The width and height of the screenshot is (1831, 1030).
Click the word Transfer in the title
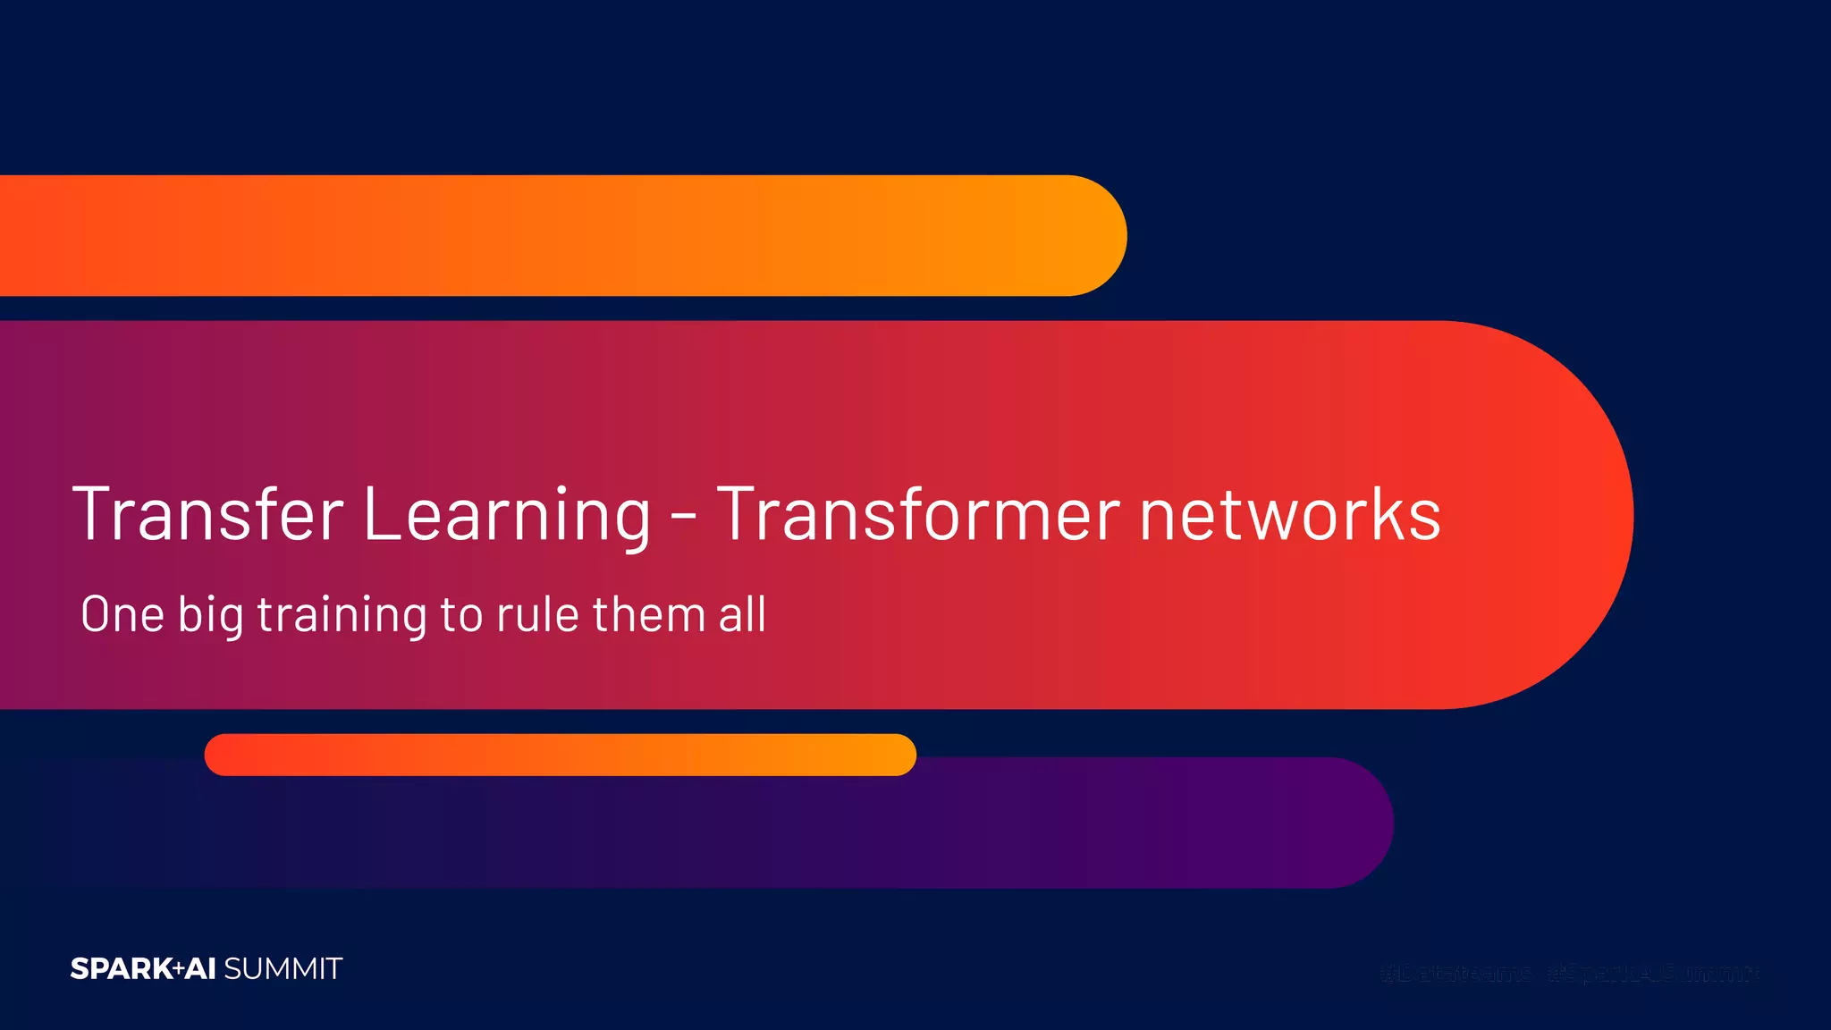point(207,514)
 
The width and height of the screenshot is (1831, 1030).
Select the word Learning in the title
point(507,516)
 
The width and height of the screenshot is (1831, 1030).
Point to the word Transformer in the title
point(918,514)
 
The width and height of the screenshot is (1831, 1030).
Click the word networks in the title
point(1290,514)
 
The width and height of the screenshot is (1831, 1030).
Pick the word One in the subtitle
point(122,614)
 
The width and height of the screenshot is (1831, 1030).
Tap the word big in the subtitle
point(210,616)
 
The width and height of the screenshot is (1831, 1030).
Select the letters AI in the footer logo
point(200,969)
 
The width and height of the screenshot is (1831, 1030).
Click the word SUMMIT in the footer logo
point(283,969)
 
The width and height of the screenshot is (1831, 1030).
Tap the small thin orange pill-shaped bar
point(560,755)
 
